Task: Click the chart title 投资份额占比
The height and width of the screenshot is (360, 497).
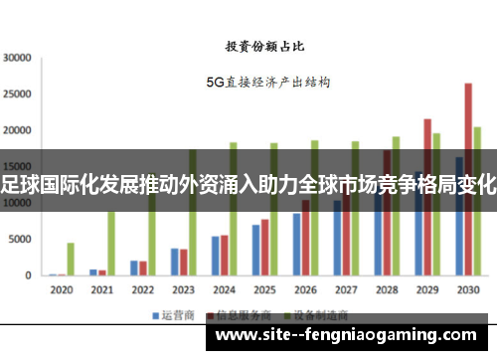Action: pos(264,46)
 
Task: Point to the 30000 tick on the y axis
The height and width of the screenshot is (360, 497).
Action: pos(17,58)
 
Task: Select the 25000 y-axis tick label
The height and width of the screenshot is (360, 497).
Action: pos(17,94)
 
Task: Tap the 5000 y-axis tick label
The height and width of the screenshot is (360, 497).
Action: pos(20,240)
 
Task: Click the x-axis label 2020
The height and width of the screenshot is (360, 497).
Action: pos(62,290)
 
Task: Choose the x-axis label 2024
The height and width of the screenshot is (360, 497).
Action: pos(224,290)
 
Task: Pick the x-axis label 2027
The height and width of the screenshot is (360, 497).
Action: pos(345,290)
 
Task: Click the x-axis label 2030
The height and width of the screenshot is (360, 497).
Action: pos(467,290)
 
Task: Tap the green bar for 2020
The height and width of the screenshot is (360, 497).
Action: pos(71,260)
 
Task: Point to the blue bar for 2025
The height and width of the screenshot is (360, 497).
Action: pos(255,251)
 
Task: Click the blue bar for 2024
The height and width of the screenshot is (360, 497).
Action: pos(215,257)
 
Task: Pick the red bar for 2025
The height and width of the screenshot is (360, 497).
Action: pos(264,248)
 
